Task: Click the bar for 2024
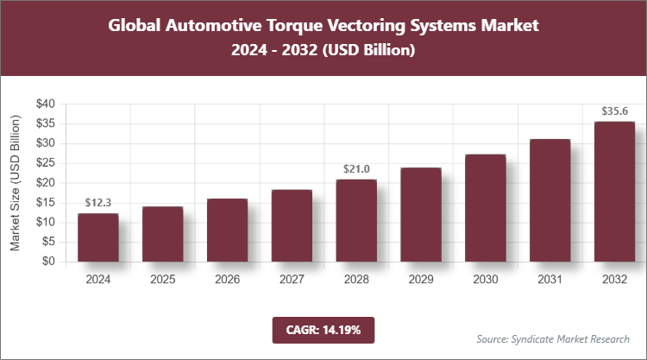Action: coord(98,237)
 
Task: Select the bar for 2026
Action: coord(227,231)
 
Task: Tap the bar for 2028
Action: coord(356,220)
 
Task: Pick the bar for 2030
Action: coord(486,208)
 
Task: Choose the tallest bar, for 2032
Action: coord(614,192)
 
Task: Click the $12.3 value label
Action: coord(98,203)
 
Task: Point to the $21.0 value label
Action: coord(356,169)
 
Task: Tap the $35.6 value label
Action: coord(614,111)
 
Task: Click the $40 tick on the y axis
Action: coord(46,104)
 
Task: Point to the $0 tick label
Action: coord(49,262)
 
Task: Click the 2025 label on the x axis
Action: coord(163,280)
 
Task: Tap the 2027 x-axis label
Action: coord(292,280)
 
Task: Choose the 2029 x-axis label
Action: coord(421,280)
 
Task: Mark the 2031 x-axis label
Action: coord(550,280)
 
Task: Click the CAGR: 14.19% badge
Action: coord(323,330)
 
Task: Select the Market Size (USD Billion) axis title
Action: coord(15,182)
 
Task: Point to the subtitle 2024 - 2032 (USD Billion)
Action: coord(323,51)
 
